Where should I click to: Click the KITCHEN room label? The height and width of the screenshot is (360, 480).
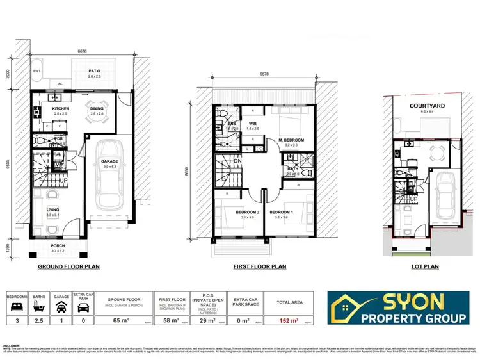click(61, 109)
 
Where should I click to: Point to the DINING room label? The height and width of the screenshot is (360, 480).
click(96, 109)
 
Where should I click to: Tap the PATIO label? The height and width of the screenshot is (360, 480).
click(94, 71)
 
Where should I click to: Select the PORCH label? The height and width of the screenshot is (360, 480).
click(58, 246)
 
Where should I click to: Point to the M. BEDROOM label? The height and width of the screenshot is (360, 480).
click(291, 140)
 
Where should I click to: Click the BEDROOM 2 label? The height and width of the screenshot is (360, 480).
click(229, 212)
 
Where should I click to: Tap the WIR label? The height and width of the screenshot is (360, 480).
click(253, 123)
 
